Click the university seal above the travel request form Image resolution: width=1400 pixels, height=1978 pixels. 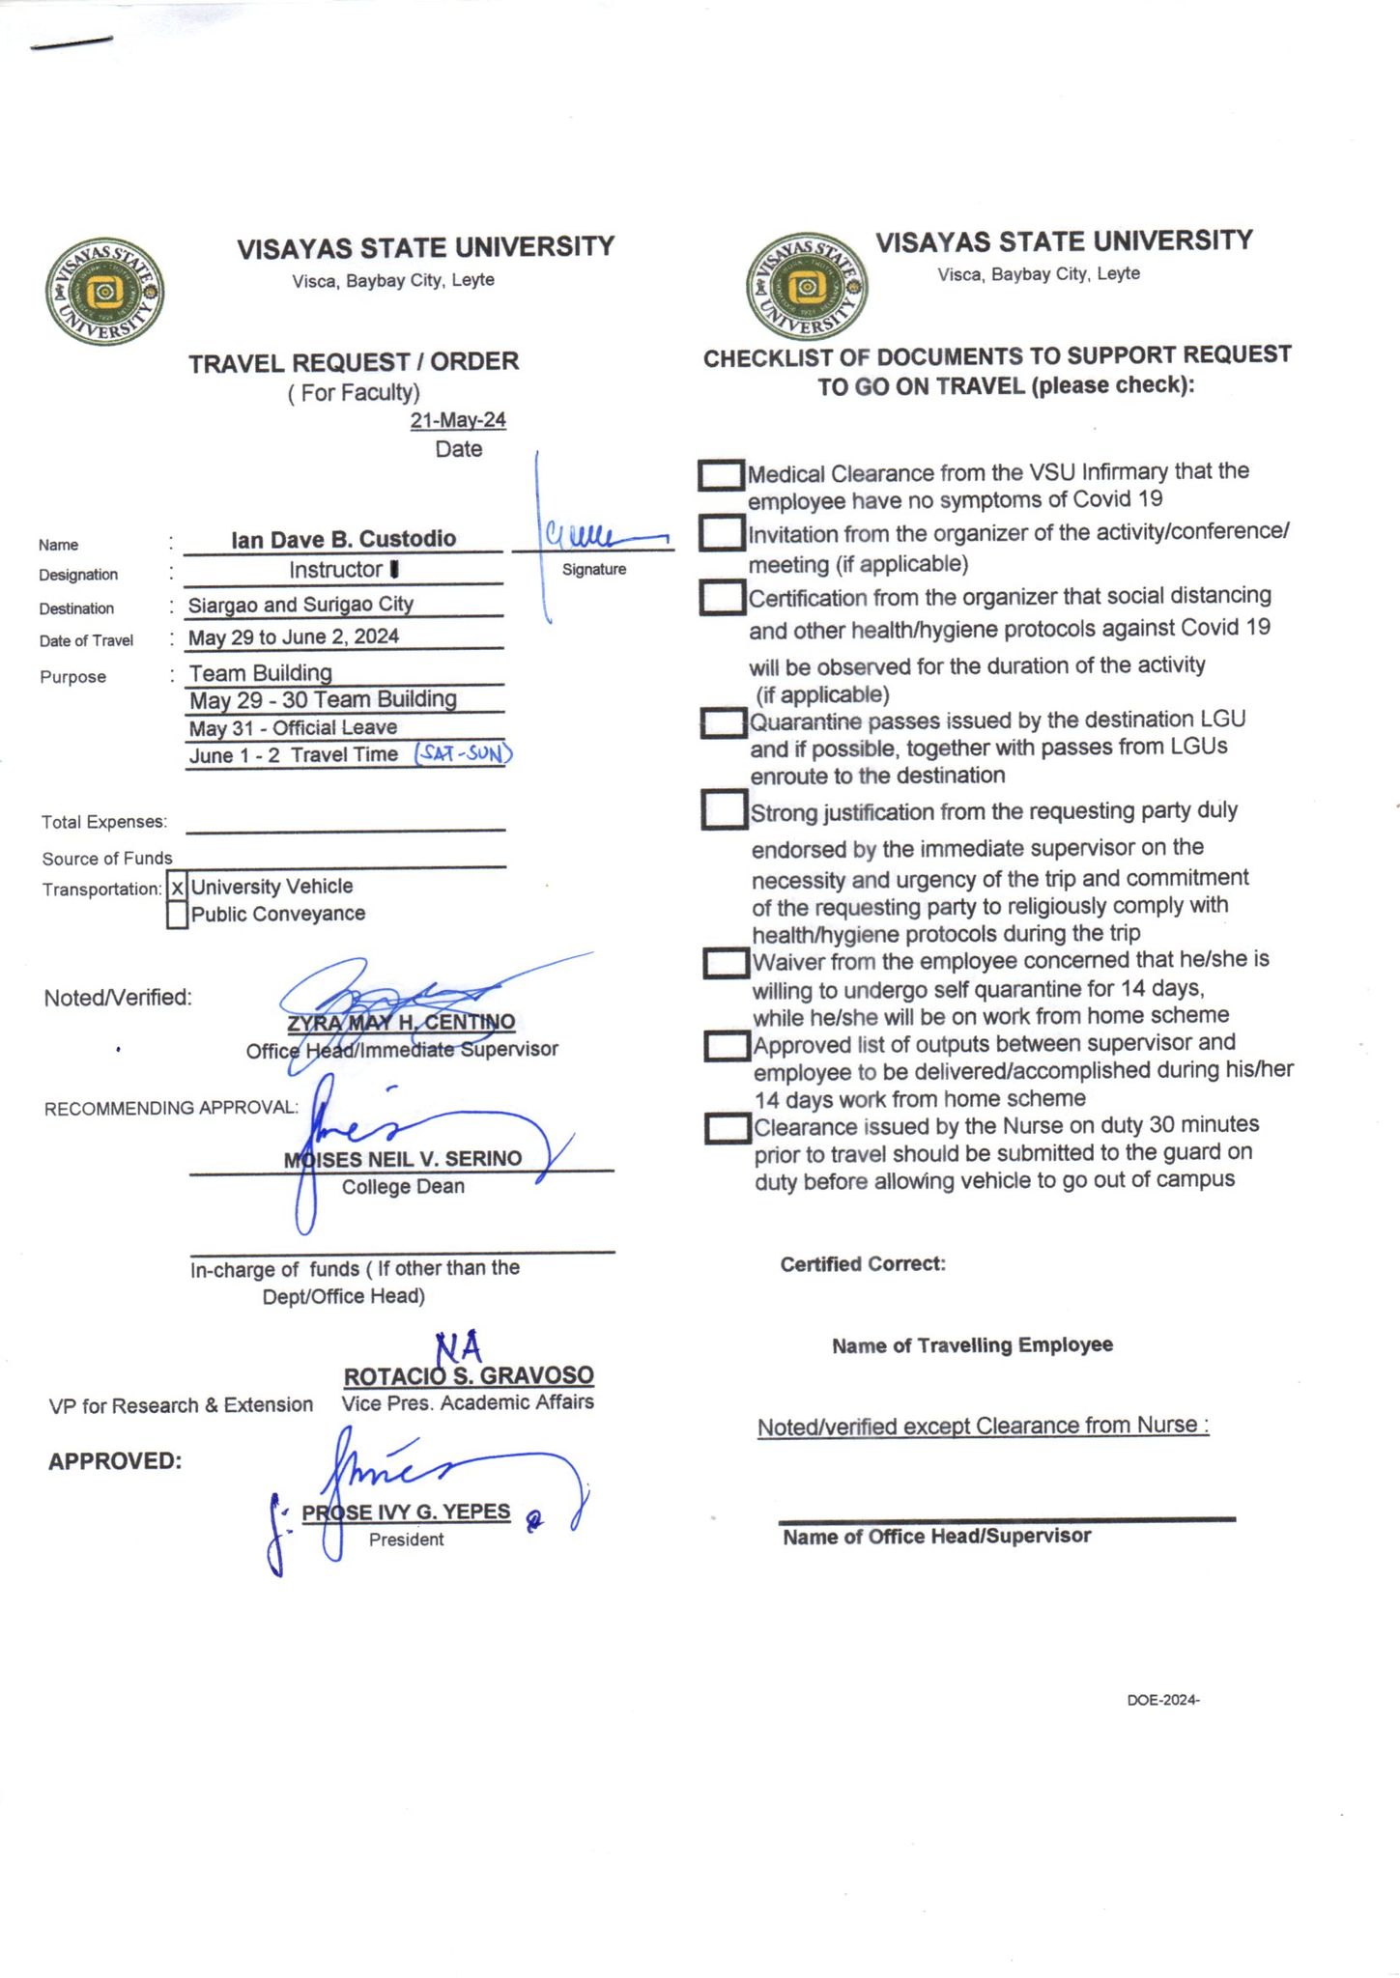104,292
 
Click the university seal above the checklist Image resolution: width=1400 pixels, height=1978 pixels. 806,287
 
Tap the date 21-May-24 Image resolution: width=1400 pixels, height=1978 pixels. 458,420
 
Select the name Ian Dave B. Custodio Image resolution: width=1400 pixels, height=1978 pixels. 343,539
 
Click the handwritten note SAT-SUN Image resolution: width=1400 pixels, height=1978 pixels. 463,753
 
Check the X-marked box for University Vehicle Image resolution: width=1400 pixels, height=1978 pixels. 178,888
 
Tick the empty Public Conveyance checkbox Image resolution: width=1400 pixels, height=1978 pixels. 177,915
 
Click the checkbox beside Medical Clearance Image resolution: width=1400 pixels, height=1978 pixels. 721,474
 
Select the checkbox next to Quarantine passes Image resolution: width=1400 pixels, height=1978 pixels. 725,723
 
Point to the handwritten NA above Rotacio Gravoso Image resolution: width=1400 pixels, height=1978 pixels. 458,1346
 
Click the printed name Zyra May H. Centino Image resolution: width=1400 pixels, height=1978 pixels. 401,1022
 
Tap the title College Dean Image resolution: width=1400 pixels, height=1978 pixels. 403,1187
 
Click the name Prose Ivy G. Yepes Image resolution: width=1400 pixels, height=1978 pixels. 406,1512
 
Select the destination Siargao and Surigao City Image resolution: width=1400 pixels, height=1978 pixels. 300,605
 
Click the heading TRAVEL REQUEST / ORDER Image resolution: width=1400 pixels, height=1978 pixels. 354,362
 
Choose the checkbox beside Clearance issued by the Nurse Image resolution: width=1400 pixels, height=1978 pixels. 729,1128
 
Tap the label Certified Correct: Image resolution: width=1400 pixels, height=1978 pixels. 863,1264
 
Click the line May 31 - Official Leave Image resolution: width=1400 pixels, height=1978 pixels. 293,728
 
